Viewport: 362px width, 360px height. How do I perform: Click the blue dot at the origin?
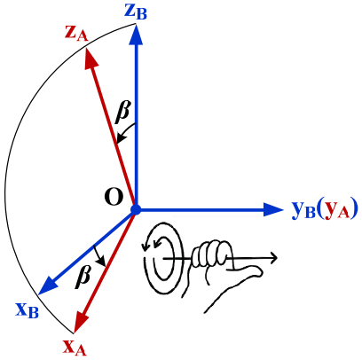(136, 210)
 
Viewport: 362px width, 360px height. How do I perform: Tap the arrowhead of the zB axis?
(136, 34)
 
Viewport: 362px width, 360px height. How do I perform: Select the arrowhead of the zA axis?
(90, 58)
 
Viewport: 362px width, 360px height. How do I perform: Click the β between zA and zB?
(123, 111)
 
